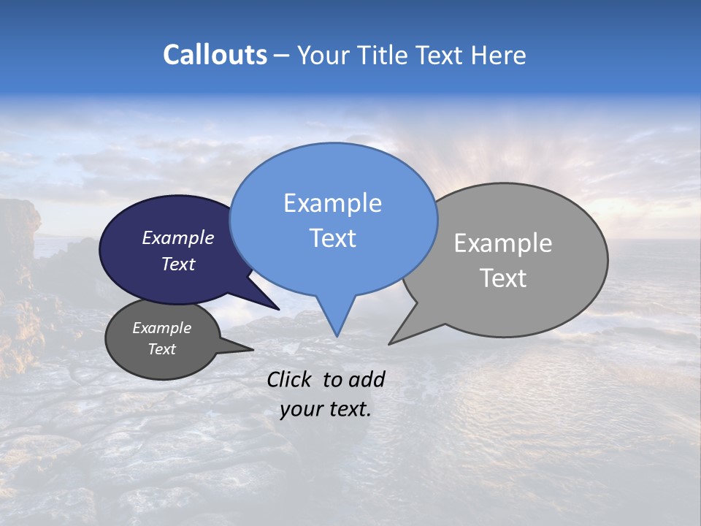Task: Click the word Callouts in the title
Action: [x=215, y=56]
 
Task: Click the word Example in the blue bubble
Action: [x=332, y=203]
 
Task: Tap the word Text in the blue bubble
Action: [x=332, y=238]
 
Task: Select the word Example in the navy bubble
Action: [x=178, y=238]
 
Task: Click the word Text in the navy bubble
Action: [x=178, y=264]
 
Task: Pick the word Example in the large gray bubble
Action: [x=503, y=243]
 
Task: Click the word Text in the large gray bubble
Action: [x=503, y=278]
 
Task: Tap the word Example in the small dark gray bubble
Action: [x=161, y=328]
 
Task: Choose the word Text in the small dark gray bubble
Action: [x=161, y=349]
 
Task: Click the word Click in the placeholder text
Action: [x=291, y=379]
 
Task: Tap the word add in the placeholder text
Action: [x=367, y=379]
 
